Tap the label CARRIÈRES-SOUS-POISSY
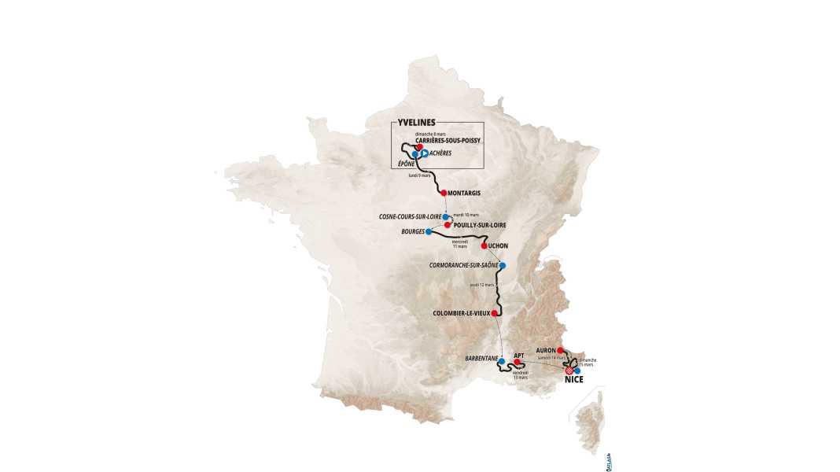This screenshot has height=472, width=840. coord(448,140)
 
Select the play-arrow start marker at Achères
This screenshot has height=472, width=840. coord(423,153)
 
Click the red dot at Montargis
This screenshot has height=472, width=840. coord(444,193)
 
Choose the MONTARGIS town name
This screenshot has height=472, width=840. coord(464,193)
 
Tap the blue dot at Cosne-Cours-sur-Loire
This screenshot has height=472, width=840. coord(445,216)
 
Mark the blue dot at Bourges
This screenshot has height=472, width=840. coord(428,232)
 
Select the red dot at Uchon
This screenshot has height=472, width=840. coord(484,245)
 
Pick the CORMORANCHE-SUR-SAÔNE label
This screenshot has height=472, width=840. coord(462,265)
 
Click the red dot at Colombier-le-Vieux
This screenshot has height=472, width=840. coord(496,313)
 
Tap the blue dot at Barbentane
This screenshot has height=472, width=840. coord(490,362)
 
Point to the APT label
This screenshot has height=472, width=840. coord(519,356)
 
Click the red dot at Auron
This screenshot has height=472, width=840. coord(560,350)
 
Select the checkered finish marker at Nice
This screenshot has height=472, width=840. coord(569,370)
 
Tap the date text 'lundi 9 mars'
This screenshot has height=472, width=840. coord(419,175)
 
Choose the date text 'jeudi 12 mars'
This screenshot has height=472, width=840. coord(481,285)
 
